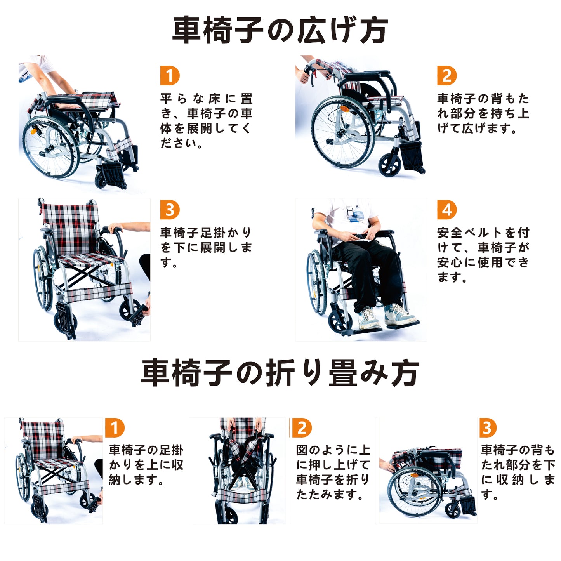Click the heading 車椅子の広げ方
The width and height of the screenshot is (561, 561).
coord(280,30)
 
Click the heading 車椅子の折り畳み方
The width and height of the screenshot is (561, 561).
coord(280,373)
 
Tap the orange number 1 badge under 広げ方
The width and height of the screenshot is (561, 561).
coord(170,76)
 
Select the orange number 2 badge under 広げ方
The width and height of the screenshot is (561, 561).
coord(447,76)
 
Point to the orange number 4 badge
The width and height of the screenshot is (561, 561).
coord(447,210)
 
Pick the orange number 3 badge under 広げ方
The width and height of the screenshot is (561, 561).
coord(170,210)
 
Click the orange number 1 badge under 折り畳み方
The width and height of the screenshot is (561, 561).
coord(115,428)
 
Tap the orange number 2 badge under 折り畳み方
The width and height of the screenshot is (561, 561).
coord(302,428)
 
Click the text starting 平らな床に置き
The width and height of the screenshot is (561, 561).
coord(206,121)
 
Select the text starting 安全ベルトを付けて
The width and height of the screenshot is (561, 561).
coord(483,255)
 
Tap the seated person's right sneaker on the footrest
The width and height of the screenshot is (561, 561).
coord(369,318)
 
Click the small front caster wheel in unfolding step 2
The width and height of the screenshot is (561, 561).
coord(389,165)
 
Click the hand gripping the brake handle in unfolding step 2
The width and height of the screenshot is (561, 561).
coord(303,76)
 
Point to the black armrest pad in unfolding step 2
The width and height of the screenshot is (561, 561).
coord(367,75)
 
